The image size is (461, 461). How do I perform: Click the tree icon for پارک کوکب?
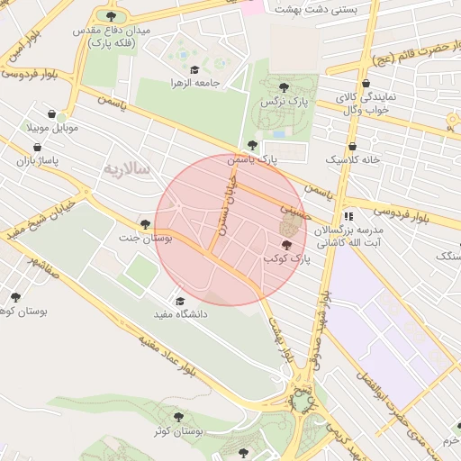pyautogui.click(x=287, y=245)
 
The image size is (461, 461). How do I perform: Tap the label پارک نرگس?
pyautogui.click(x=284, y=103)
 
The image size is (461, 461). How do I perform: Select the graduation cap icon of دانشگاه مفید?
pyautogui.click(x=179, y=302)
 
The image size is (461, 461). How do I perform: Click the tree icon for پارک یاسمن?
pyautogui.click(x=252, y=145)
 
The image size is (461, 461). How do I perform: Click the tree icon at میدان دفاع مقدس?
pyautogui.click(x=112, y=16)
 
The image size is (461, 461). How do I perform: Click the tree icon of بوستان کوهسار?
pyautogui.click(x=15, y=297)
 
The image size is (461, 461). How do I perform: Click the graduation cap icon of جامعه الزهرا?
pyautogui.click(x=194, y=68)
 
